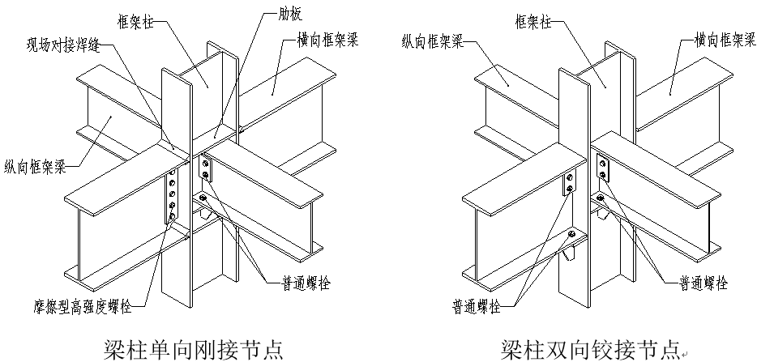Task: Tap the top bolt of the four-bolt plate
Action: click(170, 179)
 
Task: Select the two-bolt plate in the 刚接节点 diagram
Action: click(204, 168)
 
